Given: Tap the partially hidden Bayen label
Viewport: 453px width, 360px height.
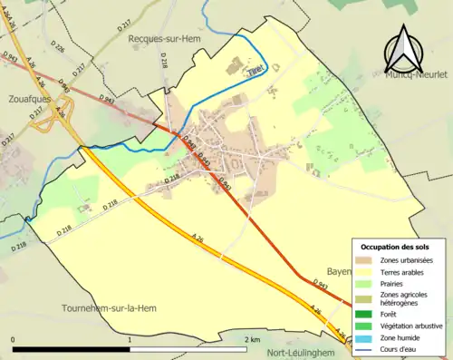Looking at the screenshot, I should (337, 271).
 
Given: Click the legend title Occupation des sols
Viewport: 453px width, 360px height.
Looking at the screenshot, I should (397, 247).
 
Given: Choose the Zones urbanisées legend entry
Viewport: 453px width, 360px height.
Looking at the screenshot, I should (406, 260).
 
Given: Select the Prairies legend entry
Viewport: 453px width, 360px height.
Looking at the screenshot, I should (395, 283).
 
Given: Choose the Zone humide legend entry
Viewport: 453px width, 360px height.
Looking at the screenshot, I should (401, 336).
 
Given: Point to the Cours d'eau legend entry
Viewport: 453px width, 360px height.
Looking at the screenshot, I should (400, 348).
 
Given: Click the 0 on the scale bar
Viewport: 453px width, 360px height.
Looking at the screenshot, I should (14, 339).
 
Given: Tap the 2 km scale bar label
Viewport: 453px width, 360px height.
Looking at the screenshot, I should (252, 339).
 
